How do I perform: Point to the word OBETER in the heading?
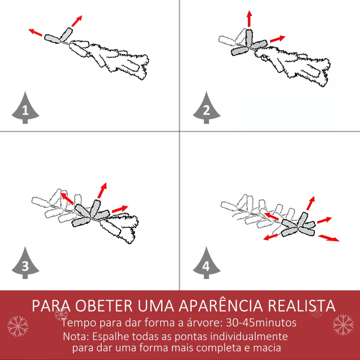(x=101, y=306)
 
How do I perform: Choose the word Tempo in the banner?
(x=77, y=323)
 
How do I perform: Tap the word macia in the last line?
(x=268, y=348)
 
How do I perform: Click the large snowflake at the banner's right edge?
(x=343, y=325)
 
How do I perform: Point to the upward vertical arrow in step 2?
(x=249, y=18)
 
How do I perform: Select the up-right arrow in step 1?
(x=77, y=21)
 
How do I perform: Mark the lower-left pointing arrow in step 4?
(x=270, y=237)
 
